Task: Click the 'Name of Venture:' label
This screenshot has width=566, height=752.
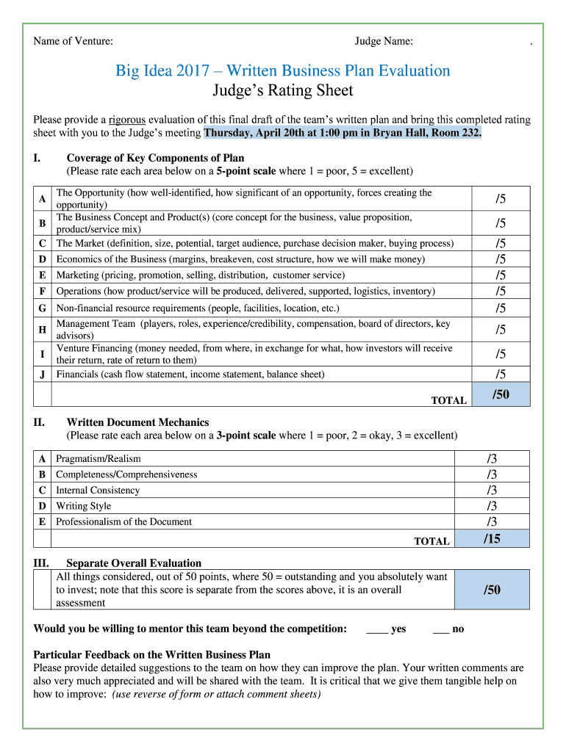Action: coord(73,41)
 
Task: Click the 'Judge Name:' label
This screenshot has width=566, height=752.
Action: coord(384,41)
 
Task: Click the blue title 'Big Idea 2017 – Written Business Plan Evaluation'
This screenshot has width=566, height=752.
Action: coord(282,70)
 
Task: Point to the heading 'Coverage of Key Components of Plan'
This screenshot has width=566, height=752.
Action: coord(155,158)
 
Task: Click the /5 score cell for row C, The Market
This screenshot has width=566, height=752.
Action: coord(500,243)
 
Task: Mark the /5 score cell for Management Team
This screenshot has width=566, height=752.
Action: coord(500,329)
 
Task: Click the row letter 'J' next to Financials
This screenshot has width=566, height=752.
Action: coord(43,375)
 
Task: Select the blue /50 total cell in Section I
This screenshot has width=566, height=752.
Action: coord(500,394)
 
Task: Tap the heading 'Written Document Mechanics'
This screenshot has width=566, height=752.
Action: coord(137,422)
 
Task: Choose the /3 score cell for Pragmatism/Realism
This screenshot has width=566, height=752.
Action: coord(492,459)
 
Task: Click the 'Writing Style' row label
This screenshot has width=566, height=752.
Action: coord(84,506)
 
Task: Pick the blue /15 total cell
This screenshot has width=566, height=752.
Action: coord(492,539)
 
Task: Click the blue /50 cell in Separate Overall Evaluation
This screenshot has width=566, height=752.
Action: coord(492,590)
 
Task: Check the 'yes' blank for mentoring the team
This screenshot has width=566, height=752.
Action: coord(377,629)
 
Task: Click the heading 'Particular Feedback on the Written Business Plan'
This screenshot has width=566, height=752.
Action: coord(152,654)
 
